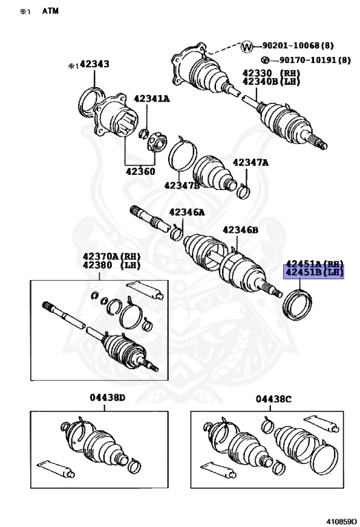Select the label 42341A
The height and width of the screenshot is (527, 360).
pyautogui.click(x=151, y=99)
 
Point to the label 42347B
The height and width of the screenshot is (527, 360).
pyautogui.click(x=181, y=185)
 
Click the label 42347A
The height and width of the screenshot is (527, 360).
pyautogui.click(x=250, y=163)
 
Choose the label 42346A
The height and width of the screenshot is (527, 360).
pyautogui.click(x=187, y=213)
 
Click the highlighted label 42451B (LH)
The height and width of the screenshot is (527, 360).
pyautogui.click(x=313, y=272)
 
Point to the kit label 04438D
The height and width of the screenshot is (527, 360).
pyautogui.click(x=107, y=399)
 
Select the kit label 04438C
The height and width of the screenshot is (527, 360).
pyautogui.click(x=274, y=399)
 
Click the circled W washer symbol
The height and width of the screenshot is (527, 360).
pyautogui.click(x=247, y=46)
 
